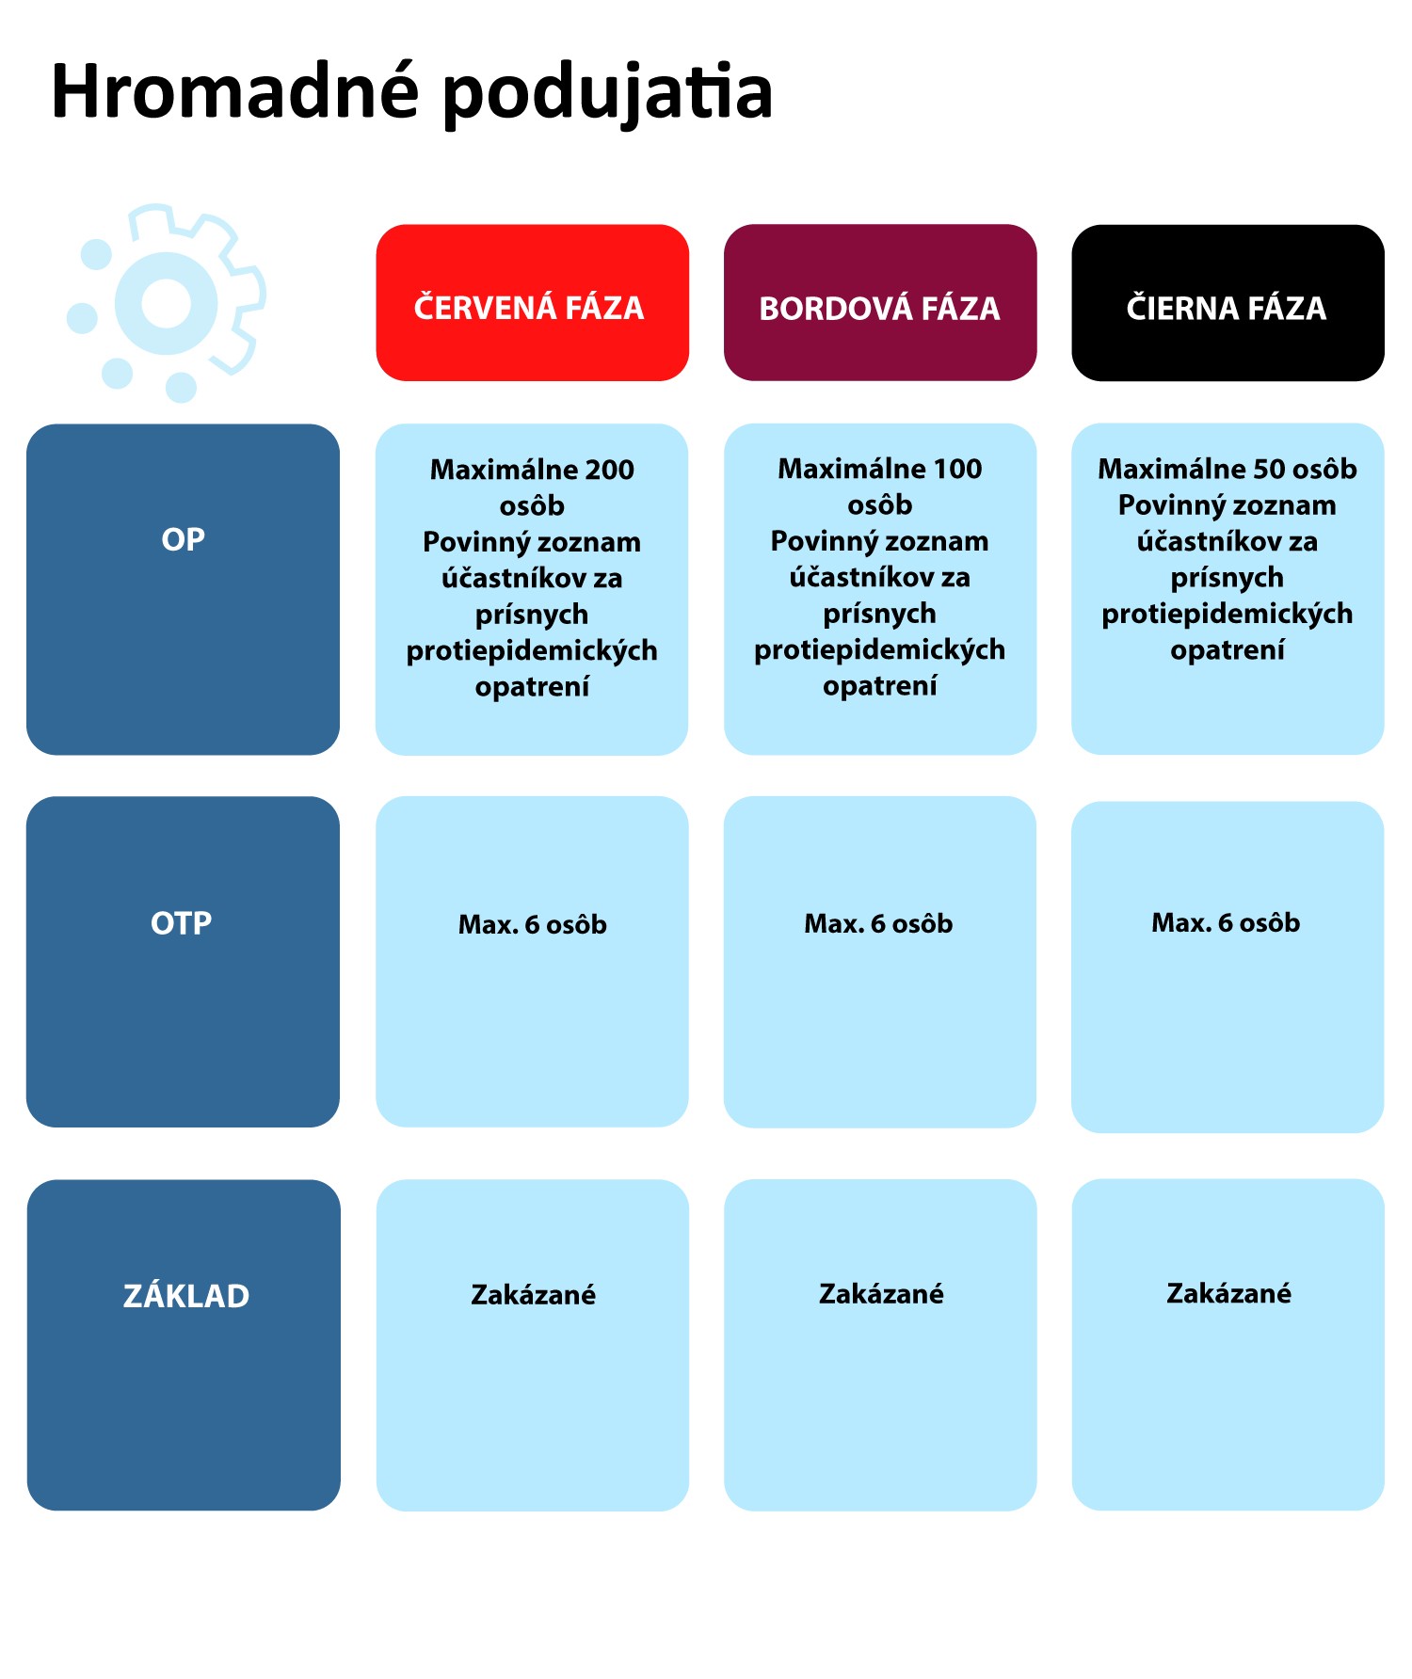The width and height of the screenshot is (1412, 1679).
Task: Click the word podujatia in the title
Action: tap(607, 94)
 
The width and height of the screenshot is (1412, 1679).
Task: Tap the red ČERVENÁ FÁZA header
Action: tap(532, 302)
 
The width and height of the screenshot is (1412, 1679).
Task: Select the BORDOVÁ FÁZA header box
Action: tap(880, 302)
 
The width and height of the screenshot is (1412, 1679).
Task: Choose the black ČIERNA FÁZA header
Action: tap(1227, 302)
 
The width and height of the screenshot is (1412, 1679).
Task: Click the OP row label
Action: tap(183, 540)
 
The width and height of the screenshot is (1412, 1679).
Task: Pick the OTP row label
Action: tap(182, 923)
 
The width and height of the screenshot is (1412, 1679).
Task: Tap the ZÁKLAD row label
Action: tap(186, 1295)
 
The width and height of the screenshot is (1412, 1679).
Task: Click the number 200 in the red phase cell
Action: tap(610, 470)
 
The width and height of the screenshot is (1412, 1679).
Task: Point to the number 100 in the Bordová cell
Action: tap(957, 469)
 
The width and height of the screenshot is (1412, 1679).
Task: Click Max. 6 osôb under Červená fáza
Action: tap(533, 925)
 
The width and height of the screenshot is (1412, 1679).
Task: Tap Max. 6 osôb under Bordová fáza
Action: tap(878, 924)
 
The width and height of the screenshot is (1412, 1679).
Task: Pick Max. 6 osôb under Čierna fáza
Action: tap(1226, 923)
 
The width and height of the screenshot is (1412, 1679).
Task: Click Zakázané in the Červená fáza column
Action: tap(533, 1295)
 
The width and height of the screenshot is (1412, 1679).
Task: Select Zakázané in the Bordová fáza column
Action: tap(881, 1294)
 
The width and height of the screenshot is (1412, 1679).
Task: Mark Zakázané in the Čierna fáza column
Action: tap(1228, 1293)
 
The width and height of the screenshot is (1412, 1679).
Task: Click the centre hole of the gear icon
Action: tap(167, 303)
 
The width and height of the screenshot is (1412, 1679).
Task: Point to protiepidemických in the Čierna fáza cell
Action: tap(1227, 615)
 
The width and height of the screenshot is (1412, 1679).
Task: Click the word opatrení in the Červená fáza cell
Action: tap(532, 688)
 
